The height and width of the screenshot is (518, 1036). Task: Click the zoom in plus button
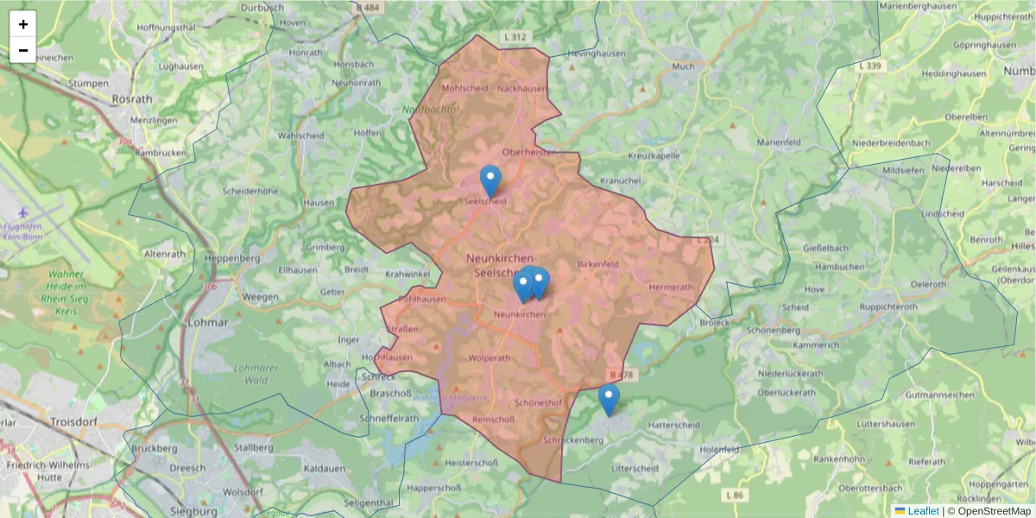pos(23,24)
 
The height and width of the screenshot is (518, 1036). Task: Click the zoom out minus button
pos(23,50)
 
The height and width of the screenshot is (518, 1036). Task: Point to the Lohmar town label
pos(207,322)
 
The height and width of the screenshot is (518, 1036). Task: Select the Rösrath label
pos(132,98)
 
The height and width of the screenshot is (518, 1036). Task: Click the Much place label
pos(682,66)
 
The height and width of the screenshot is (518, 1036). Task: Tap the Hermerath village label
pos(670,287)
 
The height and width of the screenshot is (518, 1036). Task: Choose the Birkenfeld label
pos(597,263)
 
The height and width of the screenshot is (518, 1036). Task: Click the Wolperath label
pos(489,357)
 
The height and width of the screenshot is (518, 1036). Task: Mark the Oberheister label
pos(534,152)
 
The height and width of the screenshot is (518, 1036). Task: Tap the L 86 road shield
pos(735,495)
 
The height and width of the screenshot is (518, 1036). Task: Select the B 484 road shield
pos(367,8)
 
